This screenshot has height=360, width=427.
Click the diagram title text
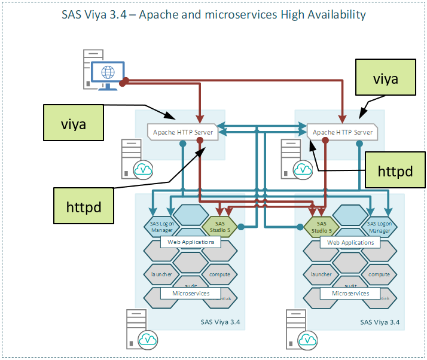tap(213, 14)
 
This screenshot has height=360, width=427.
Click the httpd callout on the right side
tap(395, 171)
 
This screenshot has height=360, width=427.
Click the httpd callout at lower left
tap(83, 207)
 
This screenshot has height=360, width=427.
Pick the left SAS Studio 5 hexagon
tap(216, 226)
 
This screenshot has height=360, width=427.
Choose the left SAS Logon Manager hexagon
tap(158, 227)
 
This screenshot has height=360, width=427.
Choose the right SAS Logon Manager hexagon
tap(379, 227)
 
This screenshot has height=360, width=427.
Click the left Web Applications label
tap(190, 242)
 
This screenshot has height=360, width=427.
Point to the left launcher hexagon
tap(158, 274)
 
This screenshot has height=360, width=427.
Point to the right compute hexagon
tap(379, 274)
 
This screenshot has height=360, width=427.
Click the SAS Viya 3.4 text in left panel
tap(220, 322)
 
